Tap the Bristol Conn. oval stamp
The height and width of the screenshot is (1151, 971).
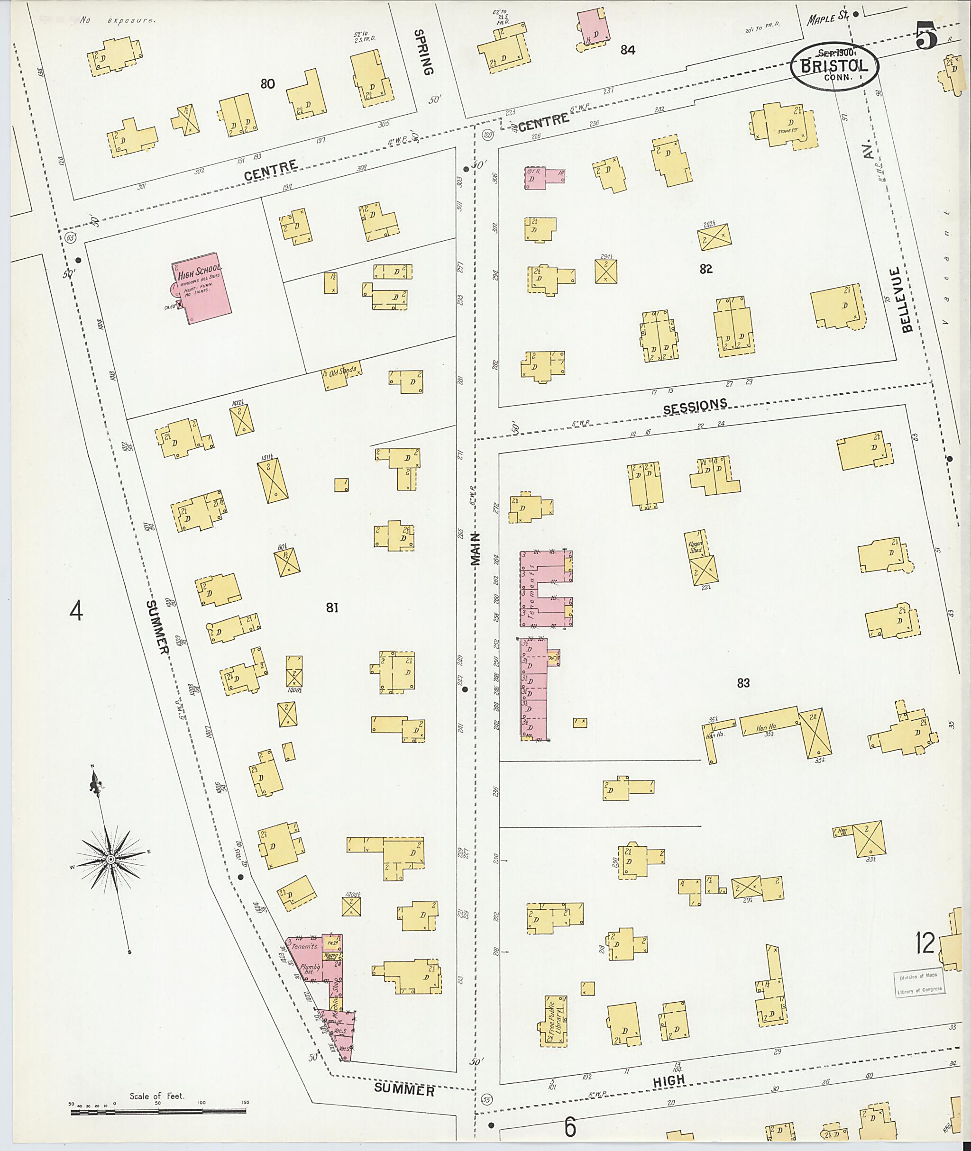[x=834, y=65]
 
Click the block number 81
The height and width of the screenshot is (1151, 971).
[x=331, y=607]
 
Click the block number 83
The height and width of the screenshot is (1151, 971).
[x=743, y=683]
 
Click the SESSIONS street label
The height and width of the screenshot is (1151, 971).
[x=695, y=406]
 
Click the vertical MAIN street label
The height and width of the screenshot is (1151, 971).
[x=476, y=549]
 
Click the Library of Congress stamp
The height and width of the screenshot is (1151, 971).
[x=918, y=981]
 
